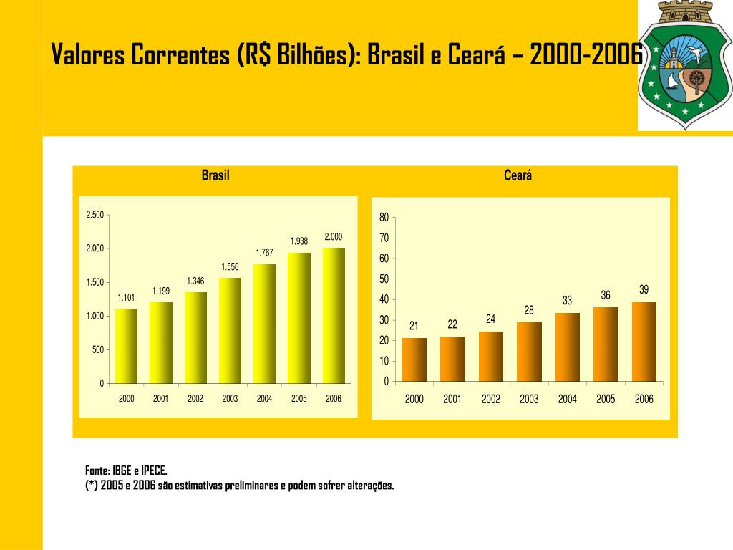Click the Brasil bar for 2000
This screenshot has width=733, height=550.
click(x=126, y=346)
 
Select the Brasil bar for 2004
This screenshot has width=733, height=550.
click(x=264, y=324)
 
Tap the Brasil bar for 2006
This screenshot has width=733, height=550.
click(x=334, y=316)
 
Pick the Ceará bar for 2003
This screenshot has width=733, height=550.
click(x=529, y=352)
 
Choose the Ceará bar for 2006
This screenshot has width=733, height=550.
click(x=644, y=342)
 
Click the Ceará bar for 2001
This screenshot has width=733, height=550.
click(x=452, y=359)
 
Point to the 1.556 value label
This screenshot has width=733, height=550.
click(x=230, y=267)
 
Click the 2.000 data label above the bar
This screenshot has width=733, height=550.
click(x=334, y=237)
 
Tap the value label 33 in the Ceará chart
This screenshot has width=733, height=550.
click(x=567, y=301)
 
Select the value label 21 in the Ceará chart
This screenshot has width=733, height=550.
click(x=414, y=326)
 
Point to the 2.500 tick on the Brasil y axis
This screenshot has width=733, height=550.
click(x=95, y=215)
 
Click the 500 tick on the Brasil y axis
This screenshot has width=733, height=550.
click(x=98, y=349)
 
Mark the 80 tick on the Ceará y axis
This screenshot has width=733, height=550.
click(x=384, y=217)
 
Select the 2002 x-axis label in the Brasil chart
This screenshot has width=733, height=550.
click(x=195, y=399)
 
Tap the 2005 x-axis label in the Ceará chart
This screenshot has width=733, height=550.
click(x=606, y=400)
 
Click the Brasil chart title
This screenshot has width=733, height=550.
click(x=215, y=176)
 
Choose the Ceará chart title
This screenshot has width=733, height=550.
click(x=518, y=176)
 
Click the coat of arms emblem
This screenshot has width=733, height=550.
click(x=684, y=64)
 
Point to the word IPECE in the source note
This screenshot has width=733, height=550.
click(x=154, y=471)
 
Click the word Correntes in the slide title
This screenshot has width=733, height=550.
click(x=182, y=55)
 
